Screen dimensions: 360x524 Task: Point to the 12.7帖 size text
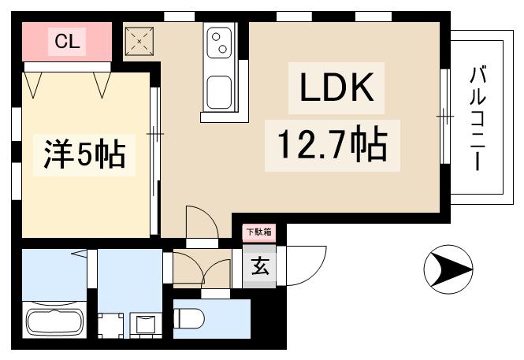(x=331, y=144)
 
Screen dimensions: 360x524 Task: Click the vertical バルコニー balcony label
(x=478, y=118)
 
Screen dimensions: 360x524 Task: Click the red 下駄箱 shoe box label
(x=258, y=232)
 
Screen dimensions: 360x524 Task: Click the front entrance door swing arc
(x=310, y=260)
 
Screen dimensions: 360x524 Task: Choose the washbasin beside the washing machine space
(x=145, y=324)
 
